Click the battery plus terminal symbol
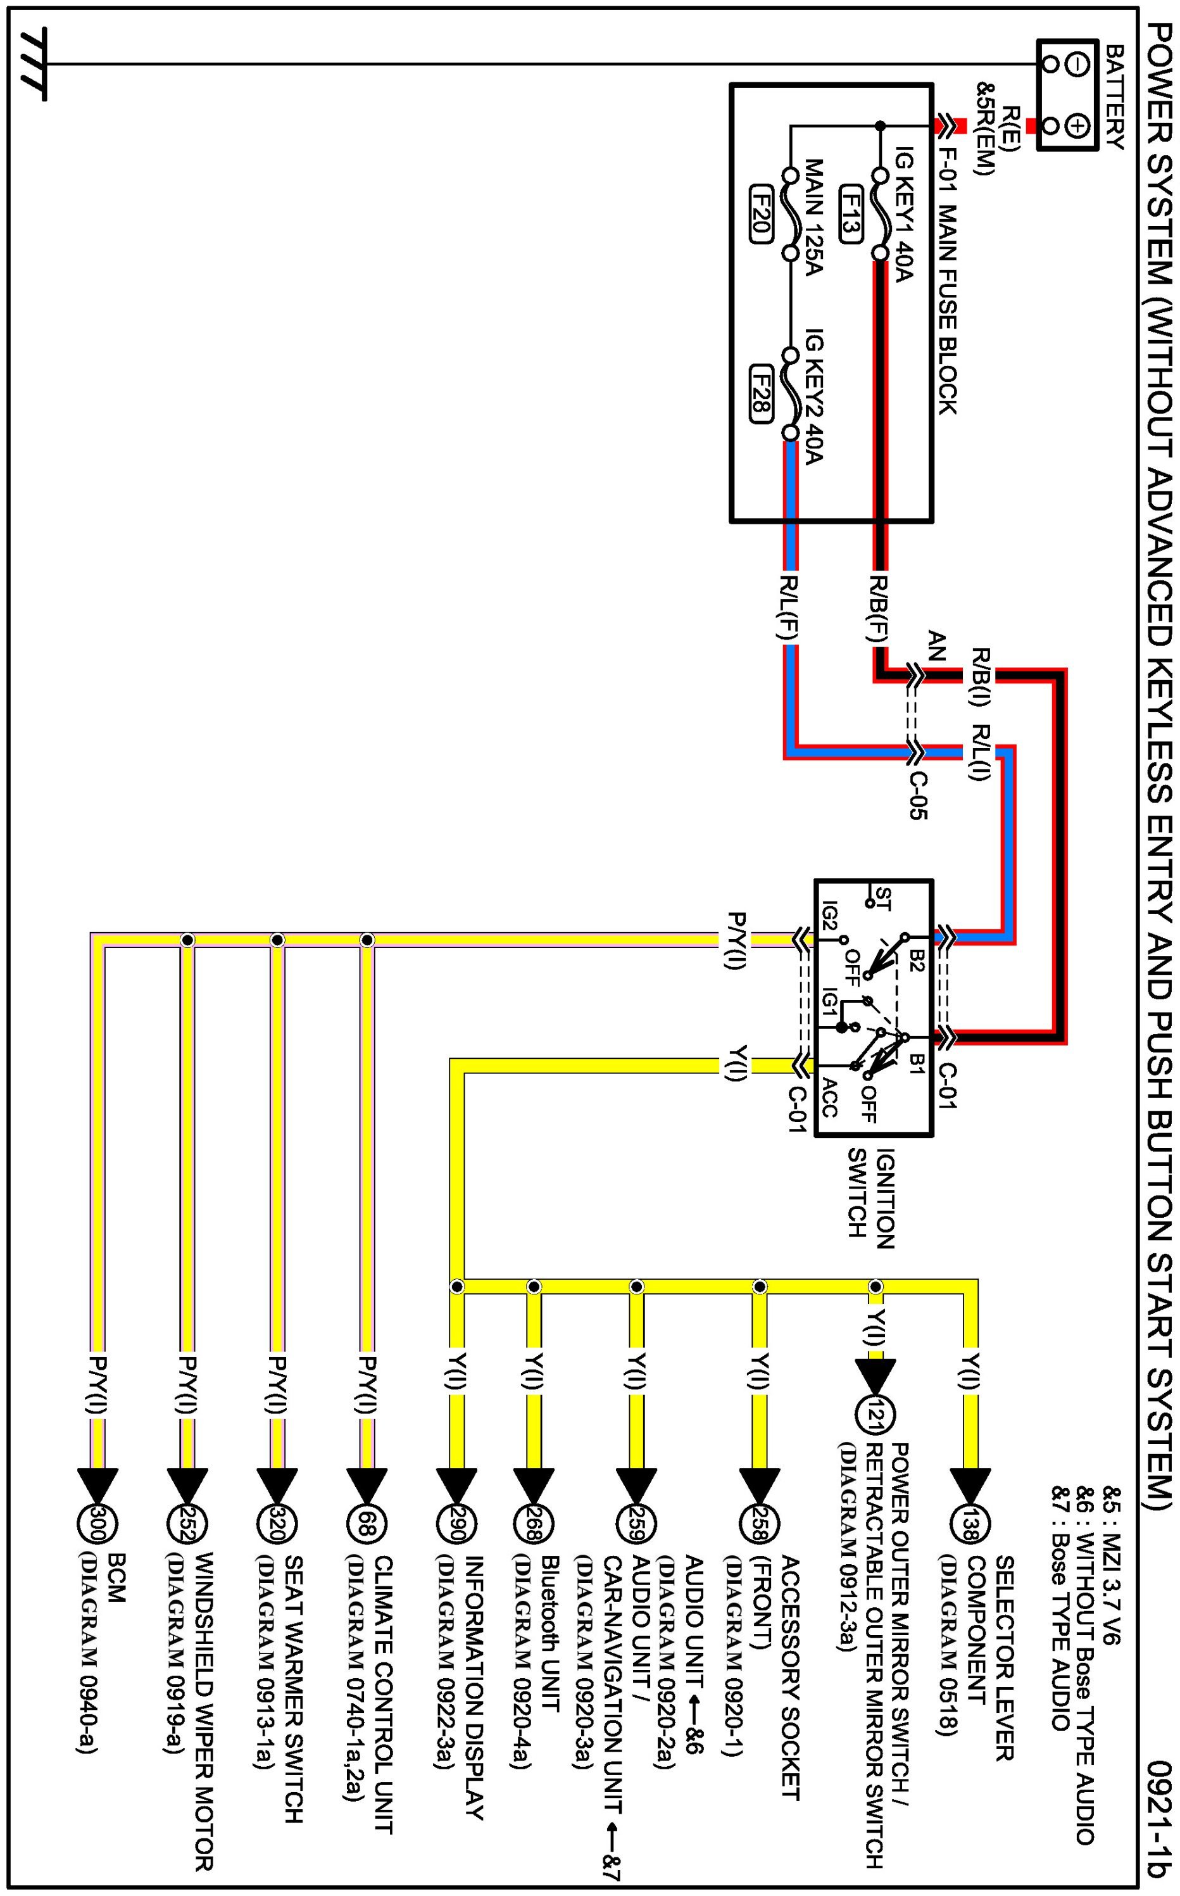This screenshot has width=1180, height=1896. (x=1076, y=125)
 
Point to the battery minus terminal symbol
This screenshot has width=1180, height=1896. (x=1076, y=65)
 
